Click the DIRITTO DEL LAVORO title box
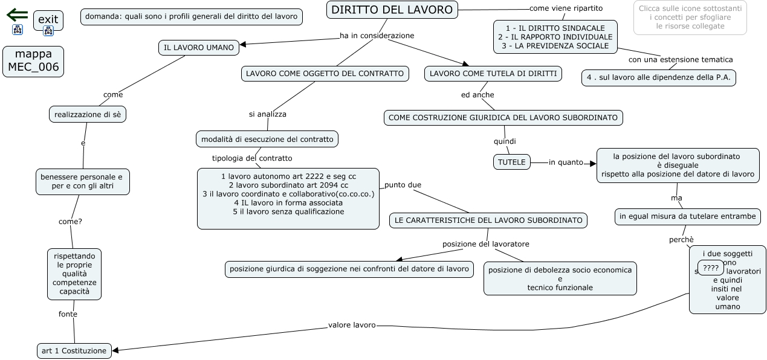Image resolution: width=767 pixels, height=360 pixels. coord(392,10)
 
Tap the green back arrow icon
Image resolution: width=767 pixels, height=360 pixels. coord(18,14)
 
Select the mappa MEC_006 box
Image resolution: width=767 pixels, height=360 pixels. coord(33,61)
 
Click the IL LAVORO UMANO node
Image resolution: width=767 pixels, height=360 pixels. coord(199,47)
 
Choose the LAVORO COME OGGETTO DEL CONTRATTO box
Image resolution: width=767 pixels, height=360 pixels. coord(325,74)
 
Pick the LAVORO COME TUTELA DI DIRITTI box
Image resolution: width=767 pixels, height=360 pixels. coord(493,74)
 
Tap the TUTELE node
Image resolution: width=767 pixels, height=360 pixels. coord(512,162)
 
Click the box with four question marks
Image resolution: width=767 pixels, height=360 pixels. coord(711,268)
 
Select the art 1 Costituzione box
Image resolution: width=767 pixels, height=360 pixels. coord(74,350)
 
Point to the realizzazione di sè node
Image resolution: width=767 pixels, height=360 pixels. coord(88,114)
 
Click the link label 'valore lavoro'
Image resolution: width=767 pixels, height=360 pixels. coord(352,325)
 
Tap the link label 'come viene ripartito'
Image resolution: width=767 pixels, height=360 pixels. coord(566,8)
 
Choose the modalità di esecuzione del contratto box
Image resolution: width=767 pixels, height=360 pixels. coord(267,139)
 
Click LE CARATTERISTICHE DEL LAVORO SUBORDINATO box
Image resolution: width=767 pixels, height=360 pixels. coord(488,220)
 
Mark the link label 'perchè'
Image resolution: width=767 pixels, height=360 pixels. coord(681,240)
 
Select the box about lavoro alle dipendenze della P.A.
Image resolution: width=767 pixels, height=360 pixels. coord(659,77)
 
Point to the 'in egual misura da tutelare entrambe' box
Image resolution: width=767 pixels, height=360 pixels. coord(687,216)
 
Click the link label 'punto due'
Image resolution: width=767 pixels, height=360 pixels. coord(403,185)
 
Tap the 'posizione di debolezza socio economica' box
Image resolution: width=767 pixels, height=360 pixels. coord(560,278)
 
